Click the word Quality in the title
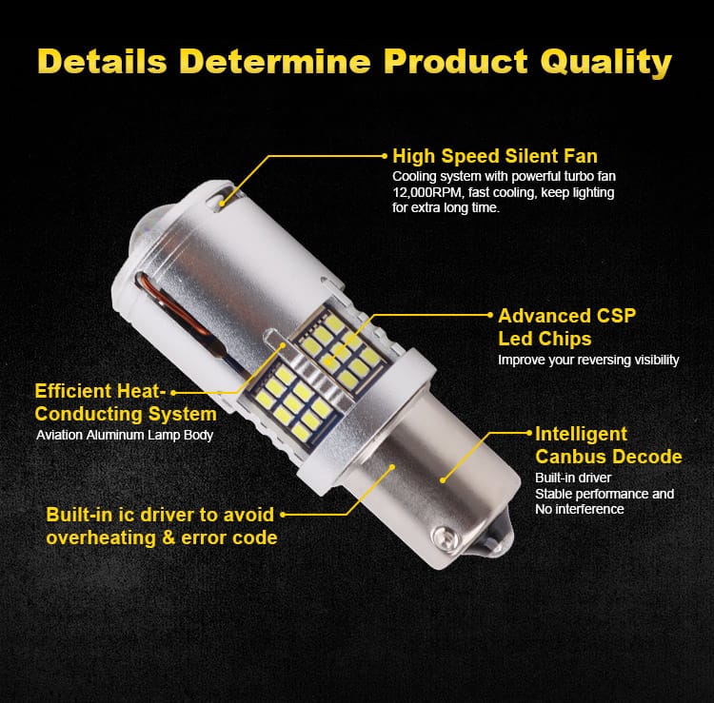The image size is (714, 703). coord(606,62)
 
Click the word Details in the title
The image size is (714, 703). coord(103,61)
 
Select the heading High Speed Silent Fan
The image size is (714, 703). coord(495,156)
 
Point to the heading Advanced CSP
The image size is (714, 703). coord(567,316)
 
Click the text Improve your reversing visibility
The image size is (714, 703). coord(588,360)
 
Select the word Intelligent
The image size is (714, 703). coord(581,434)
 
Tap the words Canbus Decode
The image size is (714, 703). coord(608,457)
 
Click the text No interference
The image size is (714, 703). coord(579,509)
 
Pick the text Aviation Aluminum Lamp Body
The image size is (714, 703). coord(125,436)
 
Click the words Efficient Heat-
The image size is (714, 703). coord(100,391)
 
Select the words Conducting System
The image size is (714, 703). coord(126,414)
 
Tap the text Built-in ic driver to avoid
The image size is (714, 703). coord(160,515)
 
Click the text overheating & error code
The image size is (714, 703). coord(162,537)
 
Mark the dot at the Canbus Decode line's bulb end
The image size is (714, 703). coord(442,480)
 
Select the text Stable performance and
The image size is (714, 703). coord(605,494)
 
